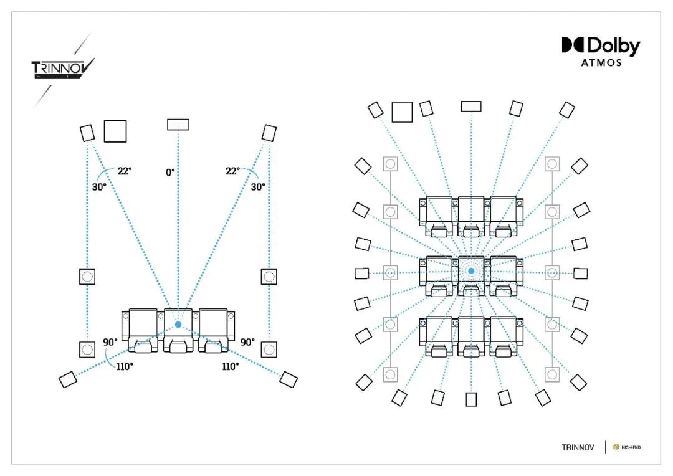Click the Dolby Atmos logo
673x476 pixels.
601,52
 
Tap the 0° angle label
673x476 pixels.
170,172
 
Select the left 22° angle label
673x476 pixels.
125,171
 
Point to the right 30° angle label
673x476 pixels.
258,187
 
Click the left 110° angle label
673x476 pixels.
125,366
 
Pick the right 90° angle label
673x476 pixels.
247,342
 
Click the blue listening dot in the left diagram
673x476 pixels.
178,325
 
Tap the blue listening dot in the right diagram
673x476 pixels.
471,271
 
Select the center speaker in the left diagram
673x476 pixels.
178,125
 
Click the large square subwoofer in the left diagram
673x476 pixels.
115,131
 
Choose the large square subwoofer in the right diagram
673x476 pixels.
402,112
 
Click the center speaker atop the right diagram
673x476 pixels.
471,106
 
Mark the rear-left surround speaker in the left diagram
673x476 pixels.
68,379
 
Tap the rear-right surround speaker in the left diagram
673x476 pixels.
289,379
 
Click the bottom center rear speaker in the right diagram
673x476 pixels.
471,399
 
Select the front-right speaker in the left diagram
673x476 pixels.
269,133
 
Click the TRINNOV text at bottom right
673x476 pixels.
578,447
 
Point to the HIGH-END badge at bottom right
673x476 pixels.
627,447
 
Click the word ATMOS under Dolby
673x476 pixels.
601,63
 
